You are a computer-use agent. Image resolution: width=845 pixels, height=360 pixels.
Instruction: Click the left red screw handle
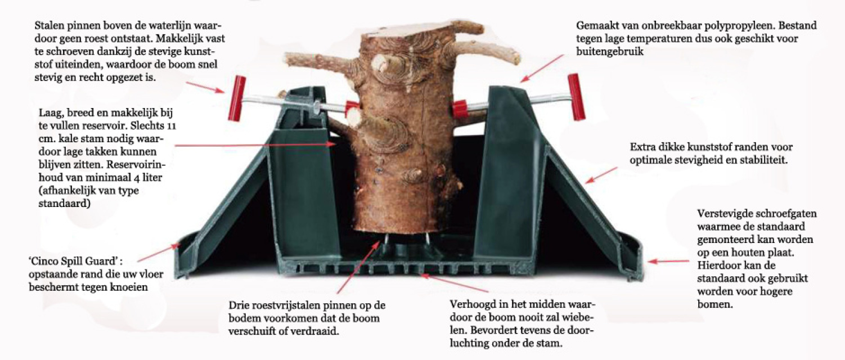pyautogui.click(x=237, y=98)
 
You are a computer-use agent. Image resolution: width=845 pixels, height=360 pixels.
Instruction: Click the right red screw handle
pyautogui.click(x=577, y=97)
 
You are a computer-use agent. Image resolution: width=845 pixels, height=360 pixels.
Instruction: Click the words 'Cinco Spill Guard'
pyautogui.click(x=75, y=261)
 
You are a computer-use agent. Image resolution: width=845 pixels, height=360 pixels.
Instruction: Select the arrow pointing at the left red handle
pyautogui.click(x=205, y=86)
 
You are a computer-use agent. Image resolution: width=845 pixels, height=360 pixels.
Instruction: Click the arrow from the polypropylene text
pyautogui.click(x=542, y=68)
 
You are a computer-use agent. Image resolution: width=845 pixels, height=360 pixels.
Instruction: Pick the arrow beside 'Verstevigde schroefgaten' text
pyautogui.click(x=668, y=261)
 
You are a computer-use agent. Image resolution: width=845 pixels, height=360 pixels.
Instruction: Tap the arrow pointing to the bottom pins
pyautogui.click(x=358, y=268)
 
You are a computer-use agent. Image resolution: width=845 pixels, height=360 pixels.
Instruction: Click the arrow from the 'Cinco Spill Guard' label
pyautogui.click(x=158, y=253)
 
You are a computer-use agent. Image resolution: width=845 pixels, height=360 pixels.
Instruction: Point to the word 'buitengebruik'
pyautogui.click(x=610, y=51)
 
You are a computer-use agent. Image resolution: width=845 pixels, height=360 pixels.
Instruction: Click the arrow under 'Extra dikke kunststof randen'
pyautogui.click(x=602, y=175)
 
